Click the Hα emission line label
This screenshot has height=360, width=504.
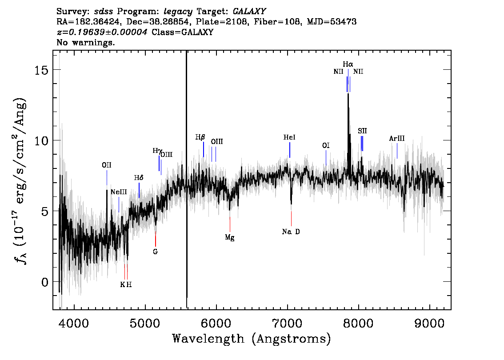[x=348, y=64]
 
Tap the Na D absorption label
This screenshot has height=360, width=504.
[x=291, y=232]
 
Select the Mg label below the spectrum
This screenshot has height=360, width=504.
[x=229, y=237]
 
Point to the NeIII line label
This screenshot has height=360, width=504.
[x=119, y=192]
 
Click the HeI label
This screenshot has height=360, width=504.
[x=289, y=137]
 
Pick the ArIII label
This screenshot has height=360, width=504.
[x=396, y=139]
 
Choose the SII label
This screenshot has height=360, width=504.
[x=362, y=131]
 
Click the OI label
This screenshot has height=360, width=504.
[x=326, y=146]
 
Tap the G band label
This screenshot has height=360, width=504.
[x=155, y=252]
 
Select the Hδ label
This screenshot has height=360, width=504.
[x=139, y=178]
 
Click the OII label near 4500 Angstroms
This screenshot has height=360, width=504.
[x=106, y=165]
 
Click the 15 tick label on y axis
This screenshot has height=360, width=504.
[x=41, y=70]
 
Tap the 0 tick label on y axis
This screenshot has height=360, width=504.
[x=45, y=282]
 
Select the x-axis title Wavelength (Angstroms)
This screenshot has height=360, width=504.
[x=252, y=339]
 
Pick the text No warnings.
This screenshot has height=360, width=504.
[x=85, y=42]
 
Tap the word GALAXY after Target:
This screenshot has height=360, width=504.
[x=249, y=12]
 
